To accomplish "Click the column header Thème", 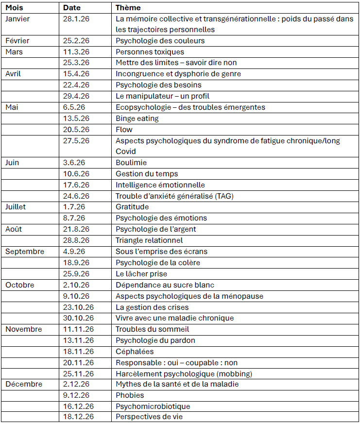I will pyautogui.click(x=128, y=8).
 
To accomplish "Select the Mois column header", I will pyautogui.click(x=14, y=8).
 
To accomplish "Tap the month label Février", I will pyautogui.click(x=17, y=40).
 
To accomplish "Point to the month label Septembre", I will pyautogui.click(x=25, y=252).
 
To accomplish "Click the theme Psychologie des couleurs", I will pyautogui.click(x=160, y=40).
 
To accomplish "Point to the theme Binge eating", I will pyautogui.click(x=137, y=118).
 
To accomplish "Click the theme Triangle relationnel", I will pyautogui.click(x=149, y=240).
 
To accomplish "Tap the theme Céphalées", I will pyautogui.click(x=135, y=351).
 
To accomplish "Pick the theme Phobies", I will pyautogui.click(x=130, y=395).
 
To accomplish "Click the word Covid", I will pyautogui.click(x=126, y=152).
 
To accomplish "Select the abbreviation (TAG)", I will pyautogui.click(x=230, y=196).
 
